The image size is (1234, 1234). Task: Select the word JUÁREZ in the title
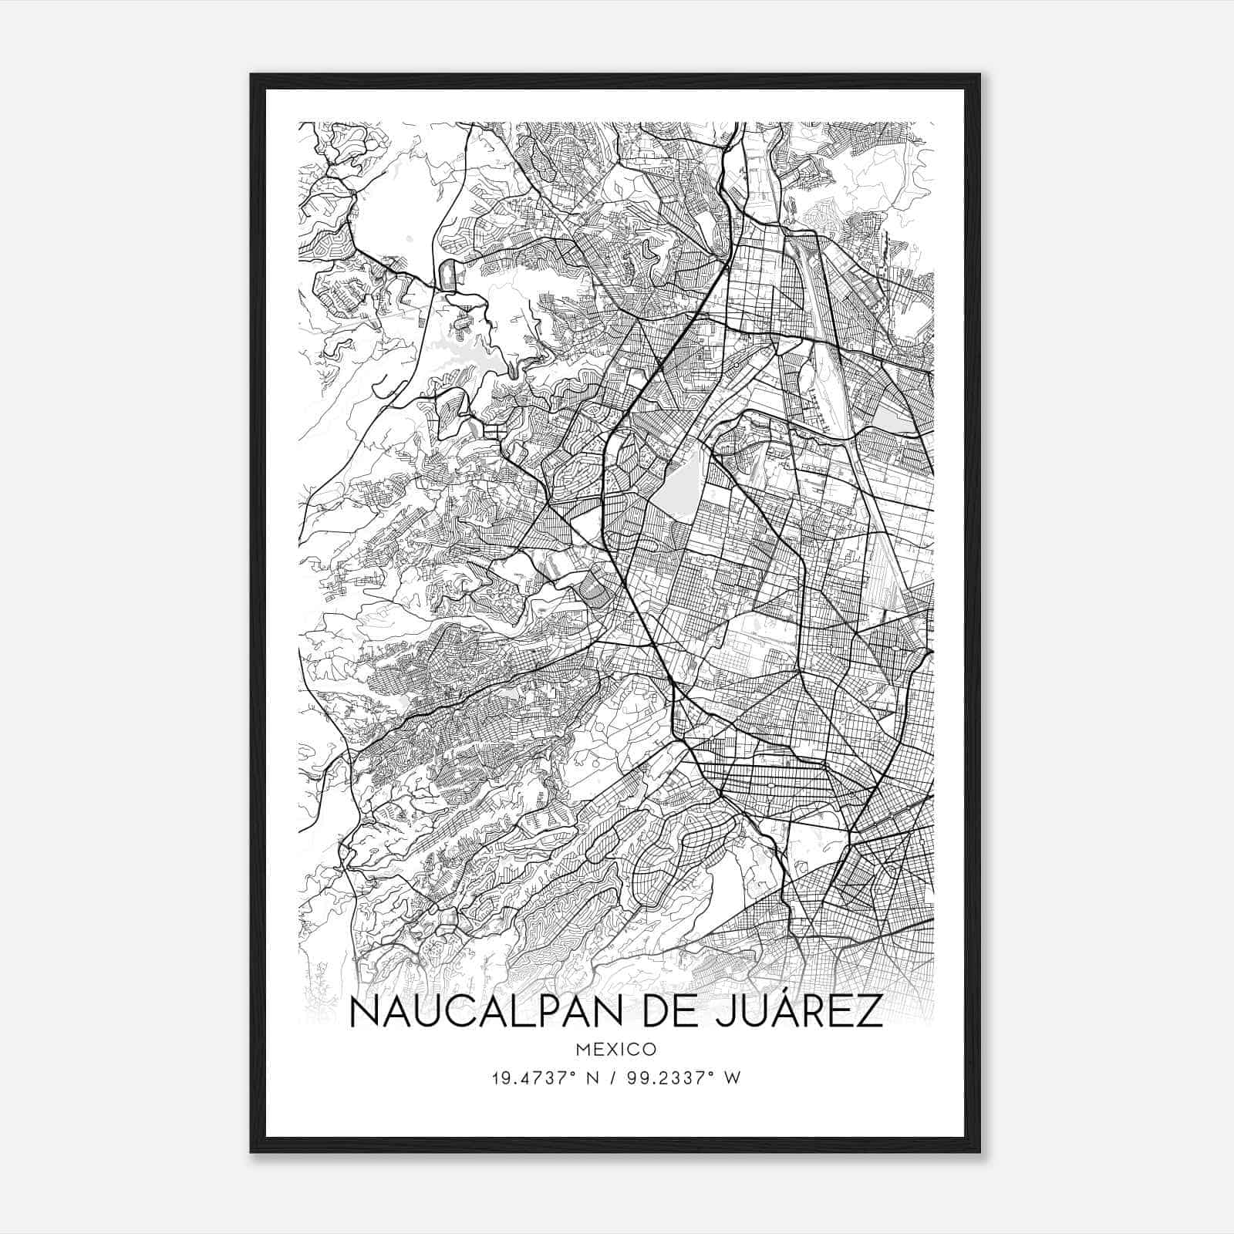[798, 1012]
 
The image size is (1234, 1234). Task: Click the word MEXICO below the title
[616, 1050]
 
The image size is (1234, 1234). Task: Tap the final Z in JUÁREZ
[871, 1012]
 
